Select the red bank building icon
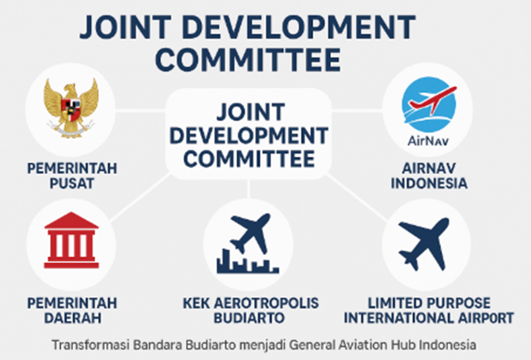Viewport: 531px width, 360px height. (x=71, y=239)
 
